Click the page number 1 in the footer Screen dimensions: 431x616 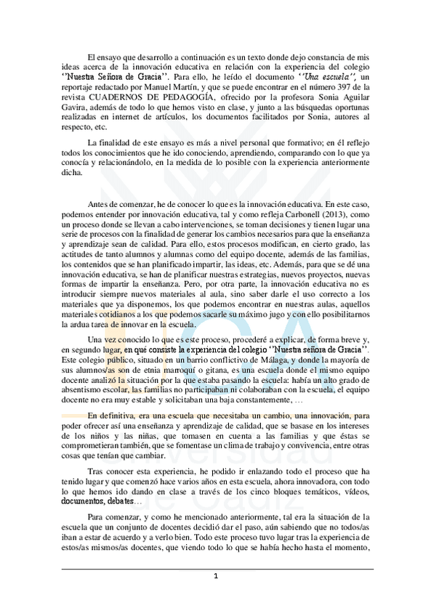tap(216, 576)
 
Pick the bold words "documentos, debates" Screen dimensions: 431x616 tap(97, 501)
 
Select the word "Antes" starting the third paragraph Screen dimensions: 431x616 tap(100, 205)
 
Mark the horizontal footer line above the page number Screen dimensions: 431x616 tap(216, 569)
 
